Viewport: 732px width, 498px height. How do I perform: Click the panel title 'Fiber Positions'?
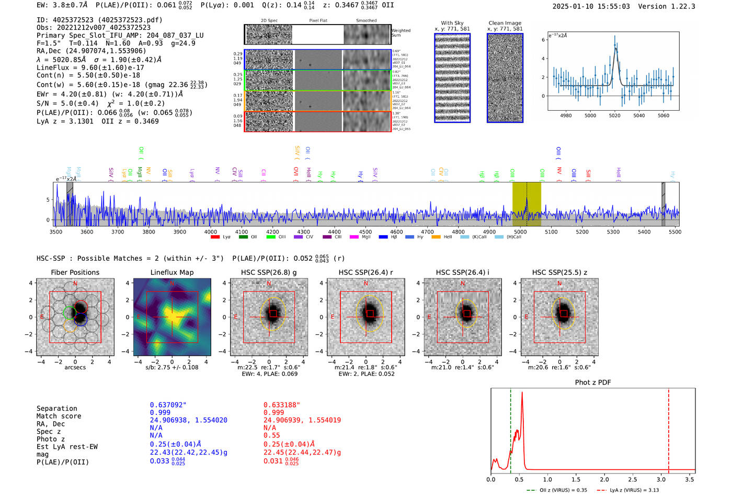pos(75,272)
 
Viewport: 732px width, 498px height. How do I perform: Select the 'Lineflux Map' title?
pos(172,272)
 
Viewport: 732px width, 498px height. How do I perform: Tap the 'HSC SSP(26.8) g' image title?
pos(269,272)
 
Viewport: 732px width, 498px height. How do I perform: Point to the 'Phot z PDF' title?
pos(593,383)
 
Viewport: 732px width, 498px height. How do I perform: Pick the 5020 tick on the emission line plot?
pos(614,115)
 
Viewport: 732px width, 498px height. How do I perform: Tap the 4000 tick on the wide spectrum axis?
pos(211,231)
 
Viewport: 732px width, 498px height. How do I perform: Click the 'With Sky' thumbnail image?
pos(452,78)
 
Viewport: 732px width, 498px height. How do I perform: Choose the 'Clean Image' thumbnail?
pos(505,78)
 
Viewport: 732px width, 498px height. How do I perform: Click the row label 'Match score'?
pos(59,416)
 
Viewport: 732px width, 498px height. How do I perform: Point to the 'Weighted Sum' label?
pos(401,33)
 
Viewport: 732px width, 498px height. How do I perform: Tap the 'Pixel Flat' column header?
pos(318,21)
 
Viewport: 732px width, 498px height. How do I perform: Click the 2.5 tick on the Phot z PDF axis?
pos(633,479)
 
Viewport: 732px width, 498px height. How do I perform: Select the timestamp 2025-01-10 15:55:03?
pos(591,6)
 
